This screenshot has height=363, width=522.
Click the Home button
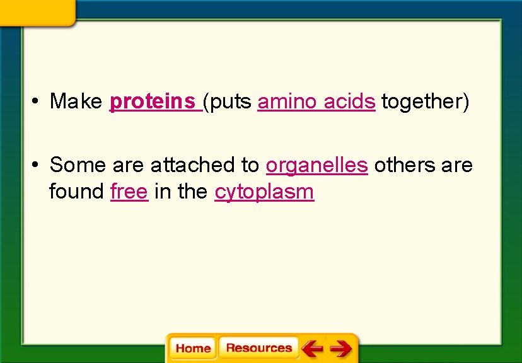[193, 348]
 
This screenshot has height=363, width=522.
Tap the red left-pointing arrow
[311, 348]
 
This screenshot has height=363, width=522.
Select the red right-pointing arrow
[341, 348]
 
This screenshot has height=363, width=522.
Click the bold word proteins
[153, 101]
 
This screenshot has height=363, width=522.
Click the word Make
[76, 101]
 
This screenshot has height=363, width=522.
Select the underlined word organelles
[316, 165]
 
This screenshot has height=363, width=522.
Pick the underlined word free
[129, 192]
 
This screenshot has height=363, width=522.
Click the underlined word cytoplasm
[264, 192]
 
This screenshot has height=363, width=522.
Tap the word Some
[78, 165]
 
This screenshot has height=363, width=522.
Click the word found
[77, 192]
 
